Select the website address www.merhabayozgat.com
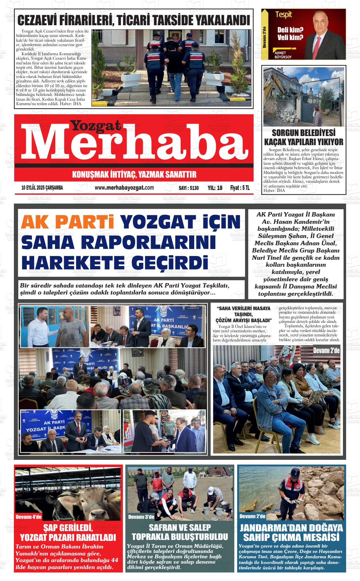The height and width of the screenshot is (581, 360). point(124,188)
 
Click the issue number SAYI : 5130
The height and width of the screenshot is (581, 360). point(189,188)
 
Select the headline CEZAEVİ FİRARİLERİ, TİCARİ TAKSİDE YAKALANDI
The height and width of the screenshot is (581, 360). point(134,21)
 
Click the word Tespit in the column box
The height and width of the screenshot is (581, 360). point(283,15)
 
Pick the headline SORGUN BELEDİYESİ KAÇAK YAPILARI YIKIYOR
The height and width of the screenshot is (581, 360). point(303,137)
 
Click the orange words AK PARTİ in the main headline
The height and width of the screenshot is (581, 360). point(69,223)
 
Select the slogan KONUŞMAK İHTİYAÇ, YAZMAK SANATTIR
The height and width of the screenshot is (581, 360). point(134,175)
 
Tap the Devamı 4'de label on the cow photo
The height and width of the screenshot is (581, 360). point(28,517)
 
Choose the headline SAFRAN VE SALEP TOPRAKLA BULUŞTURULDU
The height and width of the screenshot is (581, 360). point(180,532)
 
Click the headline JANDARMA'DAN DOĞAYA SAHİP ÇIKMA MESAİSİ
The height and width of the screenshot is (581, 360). point(291,532)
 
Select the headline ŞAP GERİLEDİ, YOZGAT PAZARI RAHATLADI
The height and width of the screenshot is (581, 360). point(68,532)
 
